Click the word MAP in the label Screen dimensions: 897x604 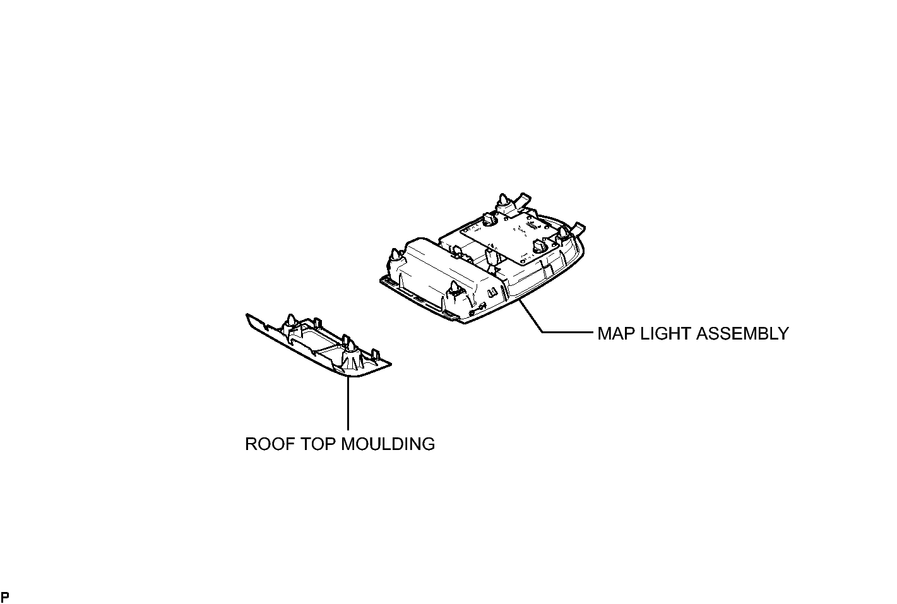click(616, 333)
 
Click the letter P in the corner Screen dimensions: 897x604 click(5, 597)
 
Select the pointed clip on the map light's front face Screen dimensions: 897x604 click(454, 289)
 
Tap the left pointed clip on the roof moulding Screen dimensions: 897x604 click(290, 321)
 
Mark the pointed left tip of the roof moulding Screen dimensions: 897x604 click(247, 314)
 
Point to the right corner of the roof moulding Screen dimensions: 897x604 click(391, 364)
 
